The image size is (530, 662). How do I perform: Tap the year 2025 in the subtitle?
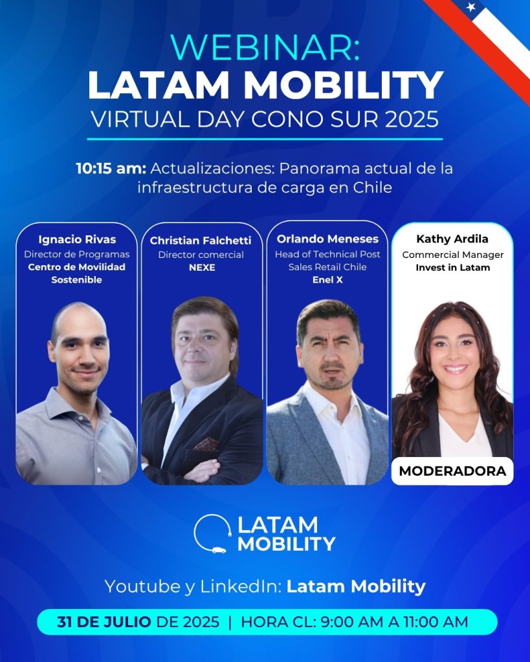(x=412, y=119)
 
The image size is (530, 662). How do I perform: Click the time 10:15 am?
(x=111, y=169)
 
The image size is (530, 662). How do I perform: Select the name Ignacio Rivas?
(x=77, y=239)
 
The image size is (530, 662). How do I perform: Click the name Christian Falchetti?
(x=201, y=240)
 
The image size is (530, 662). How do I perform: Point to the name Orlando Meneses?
(x=327, y=239)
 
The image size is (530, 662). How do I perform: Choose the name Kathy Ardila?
(x=452, y=239)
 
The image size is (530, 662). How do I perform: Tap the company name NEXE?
(x=202, y=267)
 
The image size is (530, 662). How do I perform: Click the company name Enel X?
(x=327, y=279)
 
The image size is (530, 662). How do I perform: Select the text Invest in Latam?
(x=452, y=267)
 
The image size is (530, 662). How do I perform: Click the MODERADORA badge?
(x=452, y=471)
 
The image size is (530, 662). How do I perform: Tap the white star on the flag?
(x=471, y=6)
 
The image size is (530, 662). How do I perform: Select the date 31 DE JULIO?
(x=104, y=622)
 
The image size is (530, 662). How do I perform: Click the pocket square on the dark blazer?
(x=206, y=444)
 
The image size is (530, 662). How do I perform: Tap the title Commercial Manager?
(x=452, y=255)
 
